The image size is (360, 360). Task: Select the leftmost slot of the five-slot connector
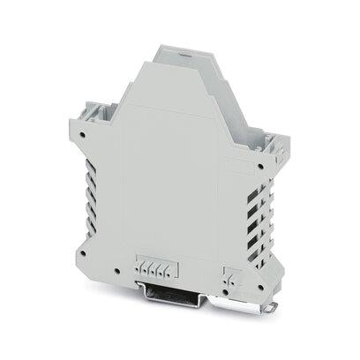tap(139, 269)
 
